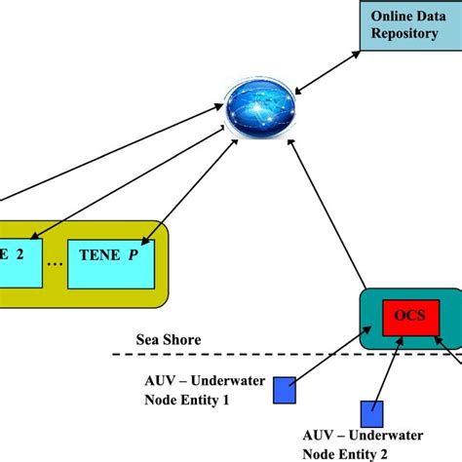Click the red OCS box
(x=408, y=319)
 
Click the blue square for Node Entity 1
(x=284, y=389)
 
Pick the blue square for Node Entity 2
(x=371, y=412)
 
